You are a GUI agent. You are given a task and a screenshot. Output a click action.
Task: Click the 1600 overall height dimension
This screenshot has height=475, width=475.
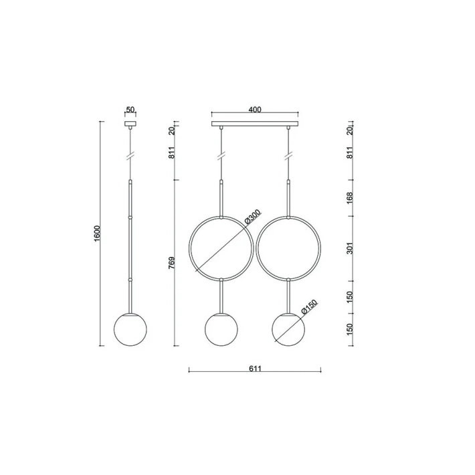[97, 233]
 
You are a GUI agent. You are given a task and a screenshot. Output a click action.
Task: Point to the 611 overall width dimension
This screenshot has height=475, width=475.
[254, 367]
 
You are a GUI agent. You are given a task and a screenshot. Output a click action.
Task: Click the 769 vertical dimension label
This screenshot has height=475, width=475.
[172, 263]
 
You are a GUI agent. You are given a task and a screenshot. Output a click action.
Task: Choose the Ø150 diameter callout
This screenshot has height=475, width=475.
[309, 307]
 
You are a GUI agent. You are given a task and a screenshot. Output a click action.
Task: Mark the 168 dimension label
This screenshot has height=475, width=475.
[350, 198]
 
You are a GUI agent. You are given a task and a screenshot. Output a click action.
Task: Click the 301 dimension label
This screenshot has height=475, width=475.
[350, 248]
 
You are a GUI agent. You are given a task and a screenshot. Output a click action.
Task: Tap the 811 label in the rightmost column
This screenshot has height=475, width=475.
[350, 152]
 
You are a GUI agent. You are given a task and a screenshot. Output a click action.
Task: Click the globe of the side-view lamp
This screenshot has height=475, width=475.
[130, 328]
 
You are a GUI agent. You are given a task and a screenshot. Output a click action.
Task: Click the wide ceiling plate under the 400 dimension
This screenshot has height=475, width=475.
[254, 124]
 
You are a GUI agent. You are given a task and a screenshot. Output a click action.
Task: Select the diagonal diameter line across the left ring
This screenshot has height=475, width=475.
[220, 248]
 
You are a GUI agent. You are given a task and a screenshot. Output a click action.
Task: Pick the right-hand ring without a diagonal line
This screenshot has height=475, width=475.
[288, 248]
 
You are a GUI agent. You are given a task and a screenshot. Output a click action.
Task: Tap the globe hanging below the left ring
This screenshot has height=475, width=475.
[221, 328]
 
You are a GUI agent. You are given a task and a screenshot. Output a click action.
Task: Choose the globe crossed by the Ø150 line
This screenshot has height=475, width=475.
[288, 328]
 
